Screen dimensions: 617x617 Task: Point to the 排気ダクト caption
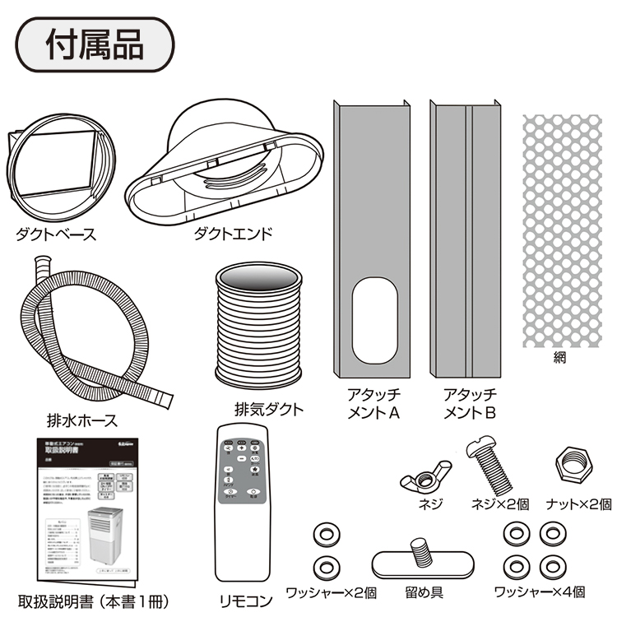pyautogui.click(x=269, y=409)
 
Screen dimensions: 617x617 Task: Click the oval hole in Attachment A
pyautogui.click(x=369, y=322)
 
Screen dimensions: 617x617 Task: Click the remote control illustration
pyautogui.click(x=244, y=503)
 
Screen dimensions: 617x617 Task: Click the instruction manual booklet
pyautogui.click(x=82, y=515)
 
